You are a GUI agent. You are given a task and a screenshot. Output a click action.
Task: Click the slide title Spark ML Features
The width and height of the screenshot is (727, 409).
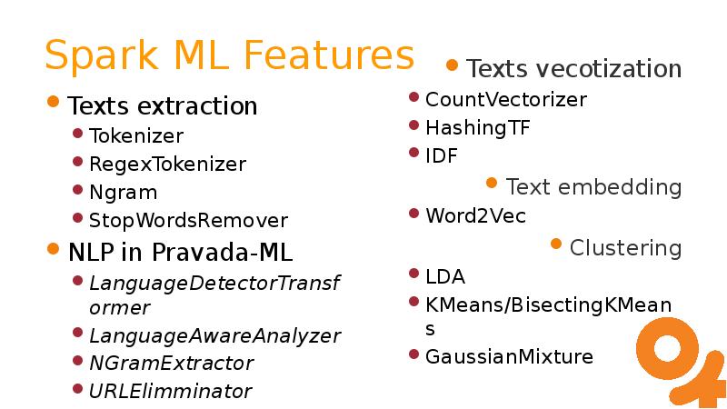[229, 55]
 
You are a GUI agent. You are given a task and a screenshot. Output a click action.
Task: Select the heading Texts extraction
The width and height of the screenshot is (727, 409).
[163, 106]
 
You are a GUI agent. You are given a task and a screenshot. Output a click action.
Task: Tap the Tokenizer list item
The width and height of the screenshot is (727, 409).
[136, 136]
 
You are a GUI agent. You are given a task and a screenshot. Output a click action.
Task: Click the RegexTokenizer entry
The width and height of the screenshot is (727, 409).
[167, 165]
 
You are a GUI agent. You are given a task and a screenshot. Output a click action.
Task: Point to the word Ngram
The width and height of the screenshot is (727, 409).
[123, 193]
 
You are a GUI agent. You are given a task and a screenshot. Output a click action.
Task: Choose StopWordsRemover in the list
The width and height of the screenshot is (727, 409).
[188, 221]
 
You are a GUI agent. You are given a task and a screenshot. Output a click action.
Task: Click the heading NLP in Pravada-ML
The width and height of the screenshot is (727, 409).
[180, 251]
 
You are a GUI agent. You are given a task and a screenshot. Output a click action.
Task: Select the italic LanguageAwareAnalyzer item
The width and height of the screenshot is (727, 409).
[214, 335]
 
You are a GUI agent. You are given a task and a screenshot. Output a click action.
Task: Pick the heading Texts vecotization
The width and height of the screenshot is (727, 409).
[573, 69]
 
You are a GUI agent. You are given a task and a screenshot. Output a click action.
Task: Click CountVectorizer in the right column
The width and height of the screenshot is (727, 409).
[506, 99]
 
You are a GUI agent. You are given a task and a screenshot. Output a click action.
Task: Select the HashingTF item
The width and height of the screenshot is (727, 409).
[477, 128]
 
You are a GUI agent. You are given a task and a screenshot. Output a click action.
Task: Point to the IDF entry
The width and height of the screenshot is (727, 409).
[441, 156]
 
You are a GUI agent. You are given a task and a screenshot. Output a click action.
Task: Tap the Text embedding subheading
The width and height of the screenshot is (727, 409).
[593, 187]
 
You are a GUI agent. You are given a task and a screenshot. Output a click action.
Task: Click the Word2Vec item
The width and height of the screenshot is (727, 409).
[475, 215]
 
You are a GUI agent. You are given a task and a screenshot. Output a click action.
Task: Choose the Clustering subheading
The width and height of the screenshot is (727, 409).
[625, 247]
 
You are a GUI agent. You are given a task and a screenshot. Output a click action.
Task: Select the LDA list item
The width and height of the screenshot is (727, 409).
[444, 276]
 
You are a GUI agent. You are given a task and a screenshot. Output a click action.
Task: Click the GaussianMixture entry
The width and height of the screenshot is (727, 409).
[509, 356]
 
